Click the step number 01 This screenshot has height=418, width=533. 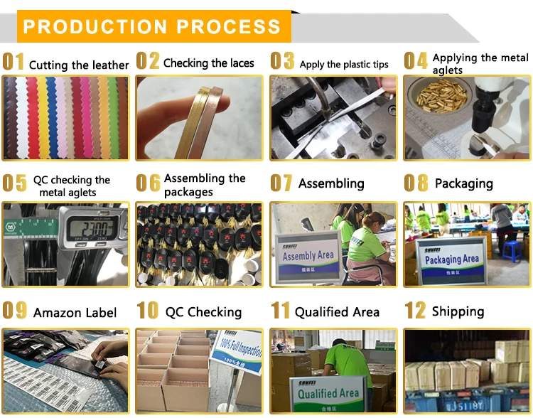click(14, 62)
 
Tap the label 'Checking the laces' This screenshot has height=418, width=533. click(208, 63)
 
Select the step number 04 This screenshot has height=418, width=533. click(416, 61)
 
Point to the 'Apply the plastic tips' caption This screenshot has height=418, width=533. click(344, 65)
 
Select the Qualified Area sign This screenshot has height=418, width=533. click(328, 393)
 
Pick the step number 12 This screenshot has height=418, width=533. click(415, 311)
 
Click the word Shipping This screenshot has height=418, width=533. click(458, 311)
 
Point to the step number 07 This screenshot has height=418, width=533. click(281, 183)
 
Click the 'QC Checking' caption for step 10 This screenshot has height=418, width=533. click(203, 312)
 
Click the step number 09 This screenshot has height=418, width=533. click(15, 311)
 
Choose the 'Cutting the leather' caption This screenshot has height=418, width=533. click(79, 65)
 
